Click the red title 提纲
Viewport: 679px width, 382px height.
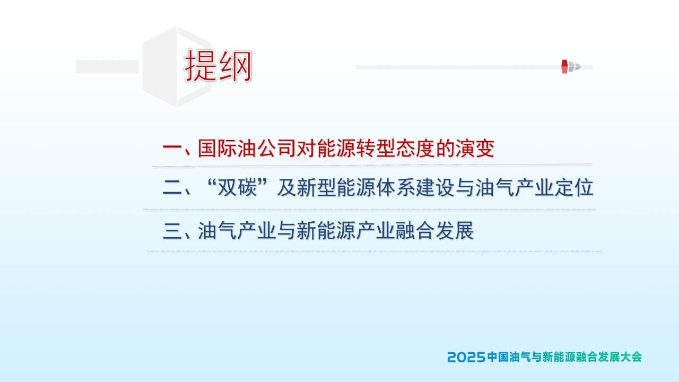point(218,66)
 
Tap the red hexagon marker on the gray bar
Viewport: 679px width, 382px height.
point(564,66)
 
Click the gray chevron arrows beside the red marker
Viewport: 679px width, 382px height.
point(574,67)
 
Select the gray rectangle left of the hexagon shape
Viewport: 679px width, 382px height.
point(107,66)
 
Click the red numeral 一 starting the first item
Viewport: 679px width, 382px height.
point(172,148)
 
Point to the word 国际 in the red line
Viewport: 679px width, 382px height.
point(217,148)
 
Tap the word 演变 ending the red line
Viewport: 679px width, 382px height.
point(475,148)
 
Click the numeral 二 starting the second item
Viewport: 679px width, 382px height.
point(172,188)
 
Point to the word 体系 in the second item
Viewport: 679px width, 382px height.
point(396,188)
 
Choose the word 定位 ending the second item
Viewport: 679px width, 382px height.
point(574,188)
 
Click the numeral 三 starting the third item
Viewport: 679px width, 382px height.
point(172,231)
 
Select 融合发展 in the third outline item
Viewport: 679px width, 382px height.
point(434,231)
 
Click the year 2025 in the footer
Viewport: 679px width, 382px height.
point(467,357)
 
